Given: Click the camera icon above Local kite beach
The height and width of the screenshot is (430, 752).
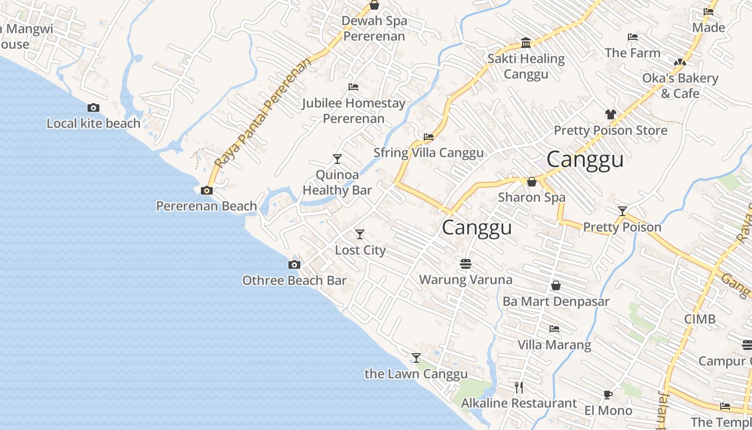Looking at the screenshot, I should pos(93,108).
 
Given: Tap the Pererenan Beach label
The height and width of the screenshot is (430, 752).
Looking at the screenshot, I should pos(207,206).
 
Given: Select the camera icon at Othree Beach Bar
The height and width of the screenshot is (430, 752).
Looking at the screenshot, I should pos(294,264).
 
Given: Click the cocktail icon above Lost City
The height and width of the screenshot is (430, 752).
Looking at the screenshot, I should pos(360,234).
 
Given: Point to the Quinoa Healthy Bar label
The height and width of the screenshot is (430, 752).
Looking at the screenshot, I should pos(337,182).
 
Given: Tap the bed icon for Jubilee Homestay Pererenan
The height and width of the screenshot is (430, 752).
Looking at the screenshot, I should pos(353,87).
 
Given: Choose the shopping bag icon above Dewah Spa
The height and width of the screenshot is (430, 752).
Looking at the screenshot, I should pos(374,5).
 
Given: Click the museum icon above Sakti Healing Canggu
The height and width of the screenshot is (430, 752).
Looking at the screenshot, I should pos(526,43).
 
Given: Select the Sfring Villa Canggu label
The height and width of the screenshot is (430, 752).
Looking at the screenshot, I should pos(429,153).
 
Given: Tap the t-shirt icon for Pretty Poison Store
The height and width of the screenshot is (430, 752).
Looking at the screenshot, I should pos(610,114).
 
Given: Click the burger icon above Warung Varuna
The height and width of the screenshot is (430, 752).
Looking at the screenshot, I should pos(466,264).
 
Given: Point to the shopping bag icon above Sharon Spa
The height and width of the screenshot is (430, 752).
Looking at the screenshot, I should pos(532,182).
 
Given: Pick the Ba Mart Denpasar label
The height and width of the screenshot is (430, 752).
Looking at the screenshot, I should pos(556,301).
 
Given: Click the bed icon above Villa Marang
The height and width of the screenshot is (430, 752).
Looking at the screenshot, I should pos(554,328).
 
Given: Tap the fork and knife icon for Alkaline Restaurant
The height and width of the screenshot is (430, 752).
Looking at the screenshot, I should pos(519,387).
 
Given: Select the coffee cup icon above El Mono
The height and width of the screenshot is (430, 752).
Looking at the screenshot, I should pos(608,395).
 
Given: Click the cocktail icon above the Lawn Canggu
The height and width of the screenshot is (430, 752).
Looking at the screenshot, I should pos(416,357).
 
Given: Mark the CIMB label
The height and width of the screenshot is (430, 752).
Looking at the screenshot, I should pos(699,319).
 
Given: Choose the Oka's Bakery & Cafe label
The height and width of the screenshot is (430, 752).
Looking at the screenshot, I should pos(680,85).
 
